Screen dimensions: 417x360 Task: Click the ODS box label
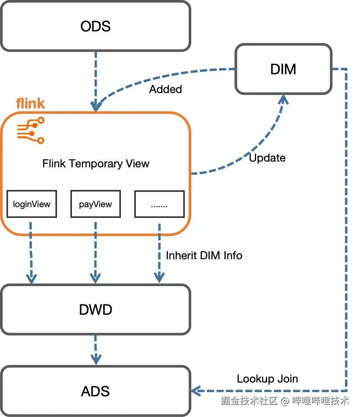(x=95, y=26)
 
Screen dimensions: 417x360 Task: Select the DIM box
(x=283, y=69)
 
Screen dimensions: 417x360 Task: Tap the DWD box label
(x=95, y=309)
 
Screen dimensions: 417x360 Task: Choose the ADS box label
(x=95, y=391)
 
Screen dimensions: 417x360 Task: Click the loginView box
(x=32, y=204)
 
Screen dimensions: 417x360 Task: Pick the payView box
(x=96, y=204)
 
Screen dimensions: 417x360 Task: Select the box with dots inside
(x=159, y=204)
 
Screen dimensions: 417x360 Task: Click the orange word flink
(x=30, y=103)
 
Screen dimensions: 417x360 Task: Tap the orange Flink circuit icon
(x=31, y=130)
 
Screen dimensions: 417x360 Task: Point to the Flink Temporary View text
(x=96, y=164)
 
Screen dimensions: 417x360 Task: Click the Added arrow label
(x=165, y=89)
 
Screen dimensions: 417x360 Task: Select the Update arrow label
(x=267, y=158)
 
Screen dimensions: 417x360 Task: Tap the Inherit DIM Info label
(x=204, y=255)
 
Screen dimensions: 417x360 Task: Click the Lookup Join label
(x=267, y=379)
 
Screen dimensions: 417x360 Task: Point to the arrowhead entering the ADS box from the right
(x=196, y=391)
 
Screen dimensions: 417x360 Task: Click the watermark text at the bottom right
(x=285, y=401)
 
